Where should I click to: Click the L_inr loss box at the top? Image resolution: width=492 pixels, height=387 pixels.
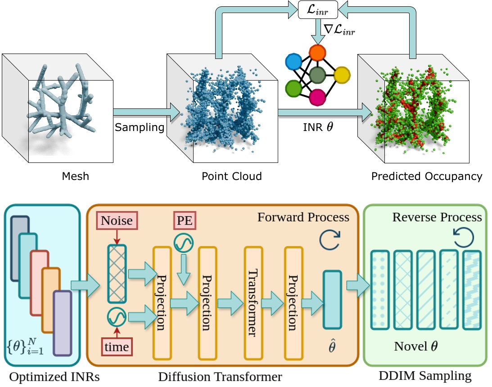[317, 9]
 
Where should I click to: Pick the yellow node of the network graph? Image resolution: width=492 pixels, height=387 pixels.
[343, 74]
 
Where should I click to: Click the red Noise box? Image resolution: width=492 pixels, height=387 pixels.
[117, 220]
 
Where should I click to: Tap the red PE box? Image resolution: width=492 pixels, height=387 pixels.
[183, 221]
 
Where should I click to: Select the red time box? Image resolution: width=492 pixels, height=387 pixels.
[117, 346]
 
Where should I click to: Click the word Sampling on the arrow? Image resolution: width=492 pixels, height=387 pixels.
[140, 127]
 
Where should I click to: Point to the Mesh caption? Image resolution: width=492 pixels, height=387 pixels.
[76, 176]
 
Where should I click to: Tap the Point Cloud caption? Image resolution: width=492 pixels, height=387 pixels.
[231, 176]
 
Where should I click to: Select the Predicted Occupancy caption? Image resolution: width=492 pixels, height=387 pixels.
[426, 176]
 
